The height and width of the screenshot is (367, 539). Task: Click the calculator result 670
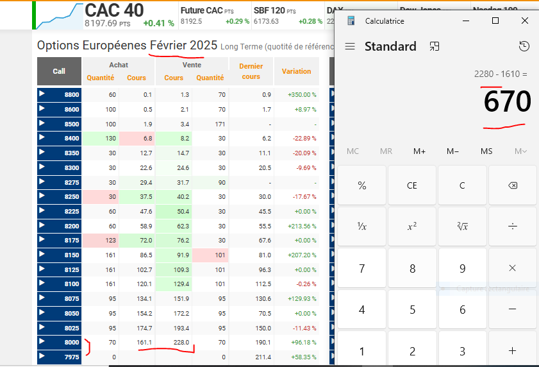point(507,101)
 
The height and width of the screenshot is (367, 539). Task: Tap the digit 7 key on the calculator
point(362,268)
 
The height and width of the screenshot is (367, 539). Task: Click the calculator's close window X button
point(525,21)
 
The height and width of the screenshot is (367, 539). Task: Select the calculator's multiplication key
point(512,268)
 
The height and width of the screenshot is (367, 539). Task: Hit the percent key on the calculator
point(362,185)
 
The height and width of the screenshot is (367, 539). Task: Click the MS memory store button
point(486,151)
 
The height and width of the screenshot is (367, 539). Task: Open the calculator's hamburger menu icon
point(350,46)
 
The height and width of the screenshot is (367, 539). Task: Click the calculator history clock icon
point(524,46)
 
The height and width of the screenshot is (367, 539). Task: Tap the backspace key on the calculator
point(512,185)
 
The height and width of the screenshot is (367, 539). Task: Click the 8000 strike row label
point(71,343)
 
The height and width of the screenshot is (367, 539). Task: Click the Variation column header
point(296,71)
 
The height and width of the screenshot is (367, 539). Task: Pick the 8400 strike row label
point(71,138)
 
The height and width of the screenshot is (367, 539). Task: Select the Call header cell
point(59,71)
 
